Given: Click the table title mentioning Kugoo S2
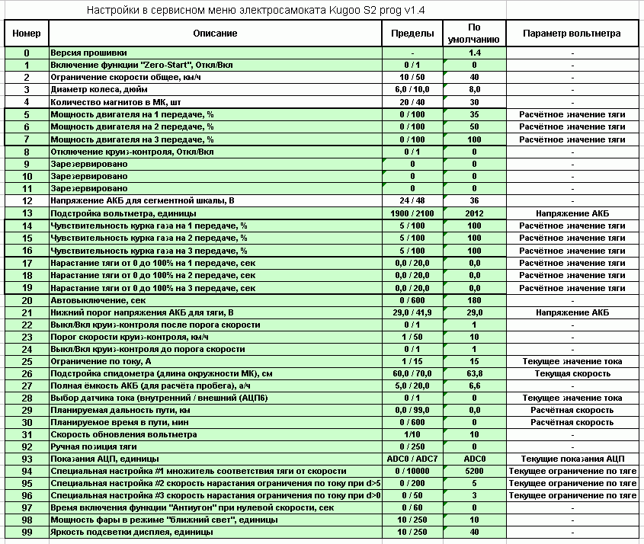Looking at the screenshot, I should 255,11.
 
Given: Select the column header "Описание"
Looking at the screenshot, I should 215,34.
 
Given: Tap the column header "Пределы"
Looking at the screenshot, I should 412,34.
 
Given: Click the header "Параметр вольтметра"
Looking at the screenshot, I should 572,34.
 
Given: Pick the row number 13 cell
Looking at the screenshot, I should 27,214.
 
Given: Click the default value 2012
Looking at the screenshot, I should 474,214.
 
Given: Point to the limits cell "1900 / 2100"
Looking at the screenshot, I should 412,214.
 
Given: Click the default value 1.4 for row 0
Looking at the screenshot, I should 474,53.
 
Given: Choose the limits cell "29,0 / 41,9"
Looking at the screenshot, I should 412,313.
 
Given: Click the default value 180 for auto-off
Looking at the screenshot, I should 474,301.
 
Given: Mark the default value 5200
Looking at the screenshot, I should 474,471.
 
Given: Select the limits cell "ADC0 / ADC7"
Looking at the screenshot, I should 412,459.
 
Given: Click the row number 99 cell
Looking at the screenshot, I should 27,533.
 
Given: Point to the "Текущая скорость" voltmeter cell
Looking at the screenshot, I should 572,374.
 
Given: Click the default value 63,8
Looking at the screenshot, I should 474,374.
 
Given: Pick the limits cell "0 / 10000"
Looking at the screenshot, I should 412,471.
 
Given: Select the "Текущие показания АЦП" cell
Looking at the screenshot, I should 572,459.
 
